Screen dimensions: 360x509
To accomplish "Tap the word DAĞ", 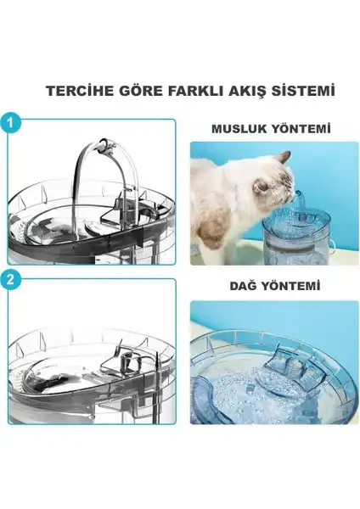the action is click(244, 286).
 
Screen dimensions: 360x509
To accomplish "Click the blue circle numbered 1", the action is click(10, 124).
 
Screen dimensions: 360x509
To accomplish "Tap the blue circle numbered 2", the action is click(10, 279).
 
